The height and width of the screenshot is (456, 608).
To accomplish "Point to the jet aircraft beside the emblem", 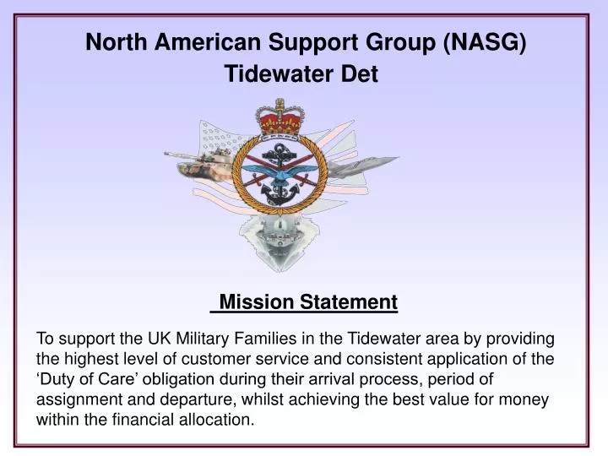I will point(363,165).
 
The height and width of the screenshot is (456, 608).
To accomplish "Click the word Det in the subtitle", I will point(359,74).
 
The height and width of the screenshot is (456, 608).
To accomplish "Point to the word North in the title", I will point(114,42).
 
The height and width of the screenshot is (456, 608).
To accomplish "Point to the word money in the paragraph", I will point(526,399).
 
